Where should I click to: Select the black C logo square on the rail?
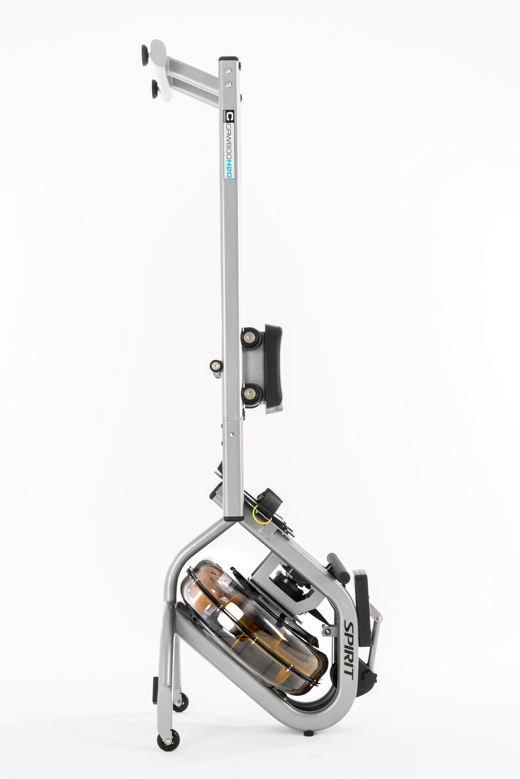229,116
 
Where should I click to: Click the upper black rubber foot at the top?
144,55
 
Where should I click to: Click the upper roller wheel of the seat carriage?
250,338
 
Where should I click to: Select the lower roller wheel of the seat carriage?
250,394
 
